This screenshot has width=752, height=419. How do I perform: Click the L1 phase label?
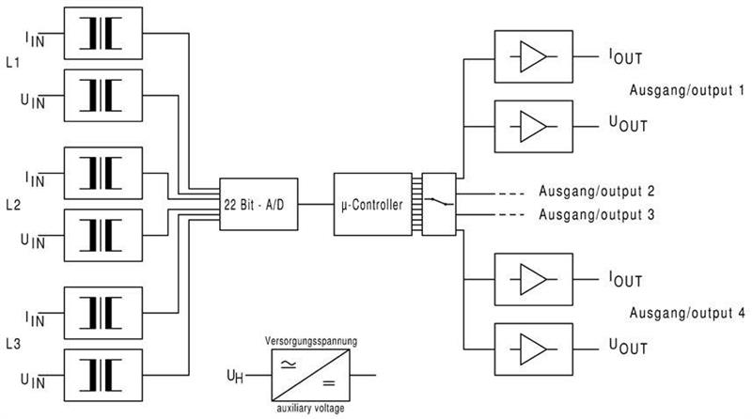[x=12, y=63]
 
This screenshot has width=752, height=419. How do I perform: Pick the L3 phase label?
[x=12, y=343]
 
